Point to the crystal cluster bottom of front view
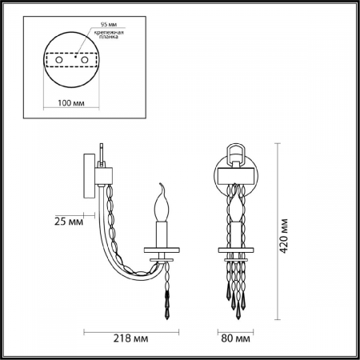click(235, 288)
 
